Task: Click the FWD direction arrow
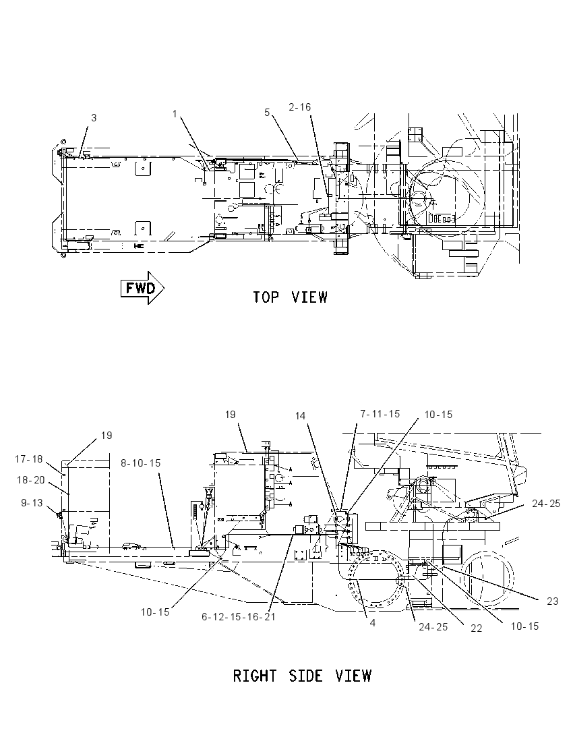pos(142,287)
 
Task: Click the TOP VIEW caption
pos(290,297)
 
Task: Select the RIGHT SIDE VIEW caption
pos(302,676)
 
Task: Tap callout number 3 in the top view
pos(94,117)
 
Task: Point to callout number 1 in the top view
pos(175,113)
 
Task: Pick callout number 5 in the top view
pos(267,112)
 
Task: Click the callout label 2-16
pos(300,107)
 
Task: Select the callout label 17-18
pos(29,459)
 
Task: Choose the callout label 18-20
pos(31,480)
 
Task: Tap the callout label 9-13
pos(32,503)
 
